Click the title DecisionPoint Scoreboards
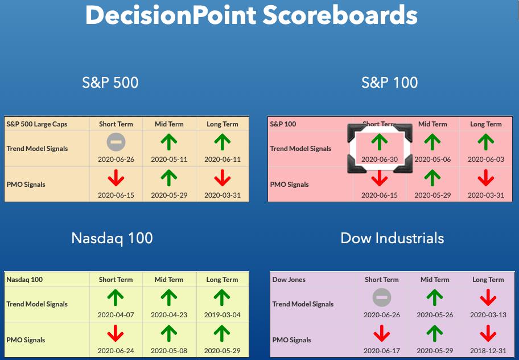251,15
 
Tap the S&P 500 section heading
110,82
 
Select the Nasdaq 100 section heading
112,238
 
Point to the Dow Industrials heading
392,238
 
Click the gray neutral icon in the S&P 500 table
116,142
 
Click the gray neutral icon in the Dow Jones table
382,297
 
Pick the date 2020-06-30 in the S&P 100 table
380,159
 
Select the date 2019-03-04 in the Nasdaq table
222,314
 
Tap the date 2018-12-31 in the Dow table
488,350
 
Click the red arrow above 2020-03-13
488,297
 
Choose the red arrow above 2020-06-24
116,333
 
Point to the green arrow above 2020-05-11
169,142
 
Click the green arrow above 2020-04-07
116,297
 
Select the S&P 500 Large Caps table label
37,124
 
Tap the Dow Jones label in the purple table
289,280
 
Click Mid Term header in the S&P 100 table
432,124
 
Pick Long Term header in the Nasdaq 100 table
222,280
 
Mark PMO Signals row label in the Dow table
291,340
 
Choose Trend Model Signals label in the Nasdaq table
37,304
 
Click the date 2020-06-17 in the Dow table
382,350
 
